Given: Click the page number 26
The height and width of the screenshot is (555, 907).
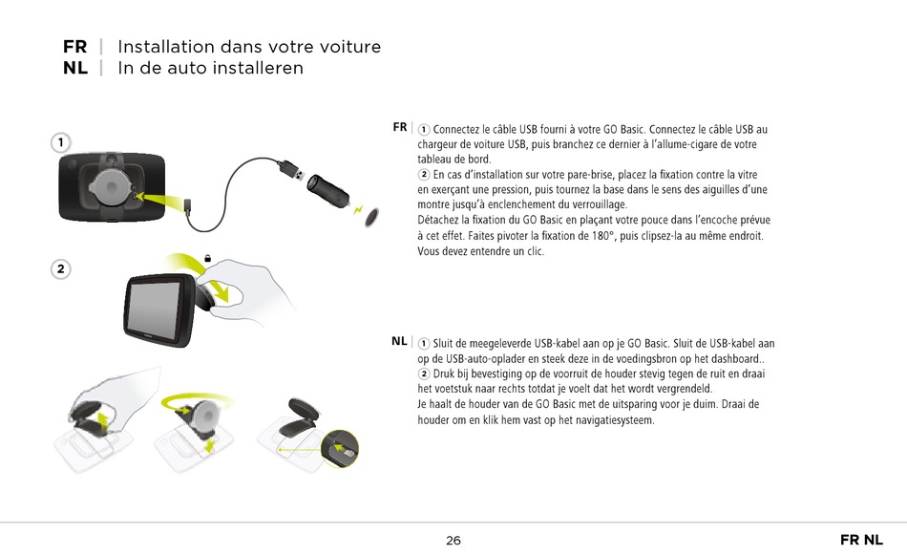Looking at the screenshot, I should (453, 541).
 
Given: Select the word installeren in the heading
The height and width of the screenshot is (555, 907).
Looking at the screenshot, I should (258, 68).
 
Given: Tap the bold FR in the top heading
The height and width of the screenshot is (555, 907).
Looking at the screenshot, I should (74, 47).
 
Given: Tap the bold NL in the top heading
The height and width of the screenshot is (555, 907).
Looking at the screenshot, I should (75, 68).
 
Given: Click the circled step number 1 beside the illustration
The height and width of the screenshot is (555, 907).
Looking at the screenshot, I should (60, 142).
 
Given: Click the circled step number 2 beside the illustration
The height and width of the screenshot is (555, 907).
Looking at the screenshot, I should (60, 269).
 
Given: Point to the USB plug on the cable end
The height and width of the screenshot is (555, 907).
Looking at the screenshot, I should (291, 173).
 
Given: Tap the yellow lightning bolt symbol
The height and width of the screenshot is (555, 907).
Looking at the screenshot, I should (359, 207).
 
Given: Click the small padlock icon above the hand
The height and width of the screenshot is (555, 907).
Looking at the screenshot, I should (208, 258).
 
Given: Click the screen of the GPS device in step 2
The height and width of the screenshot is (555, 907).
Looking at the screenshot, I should (155, 310).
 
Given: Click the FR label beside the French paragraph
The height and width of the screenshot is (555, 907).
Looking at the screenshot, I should (399, 127).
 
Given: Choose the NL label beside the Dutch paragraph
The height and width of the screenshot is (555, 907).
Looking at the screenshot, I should (399, 341).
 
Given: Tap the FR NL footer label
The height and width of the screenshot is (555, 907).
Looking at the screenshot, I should (861, 541).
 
